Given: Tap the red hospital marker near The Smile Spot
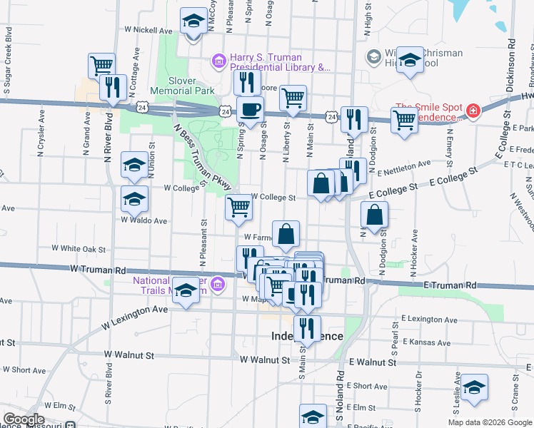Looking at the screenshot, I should [x=473, y=111].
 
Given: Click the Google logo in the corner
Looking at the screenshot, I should [x=24, y=419].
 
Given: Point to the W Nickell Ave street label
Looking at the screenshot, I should [x=148, y=31].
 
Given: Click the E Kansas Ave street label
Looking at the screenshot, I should [x=426, y=343].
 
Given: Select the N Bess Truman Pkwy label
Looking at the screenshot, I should [x=197, y=153].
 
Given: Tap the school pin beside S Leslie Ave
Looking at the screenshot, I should [x=474, y=387].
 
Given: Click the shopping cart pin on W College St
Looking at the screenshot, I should [x=238, y=208].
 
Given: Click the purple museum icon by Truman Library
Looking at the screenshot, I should [x=218, y=63].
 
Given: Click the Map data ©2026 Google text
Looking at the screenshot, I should [x=490, y=422].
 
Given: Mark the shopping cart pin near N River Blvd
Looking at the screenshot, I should [x=102, y=66].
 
